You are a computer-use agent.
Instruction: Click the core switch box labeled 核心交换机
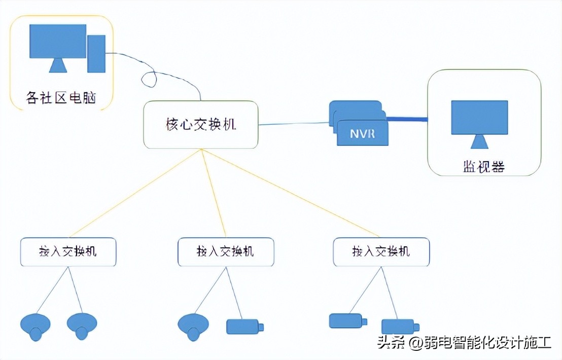201,125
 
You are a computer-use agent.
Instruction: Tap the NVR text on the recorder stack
362,134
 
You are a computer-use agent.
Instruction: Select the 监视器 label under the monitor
483,166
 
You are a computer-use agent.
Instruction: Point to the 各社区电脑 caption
61,98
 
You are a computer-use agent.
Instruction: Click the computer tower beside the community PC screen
96,53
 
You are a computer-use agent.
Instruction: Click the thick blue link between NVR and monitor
407,120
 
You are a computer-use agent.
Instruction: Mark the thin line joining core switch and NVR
294,123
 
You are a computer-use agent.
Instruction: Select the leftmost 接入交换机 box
68,251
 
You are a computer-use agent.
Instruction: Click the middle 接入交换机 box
225,251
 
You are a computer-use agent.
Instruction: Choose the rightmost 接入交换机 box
381,251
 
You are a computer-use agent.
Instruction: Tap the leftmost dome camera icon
35,326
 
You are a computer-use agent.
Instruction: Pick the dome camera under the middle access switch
193,326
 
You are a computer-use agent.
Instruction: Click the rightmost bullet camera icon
400,326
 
